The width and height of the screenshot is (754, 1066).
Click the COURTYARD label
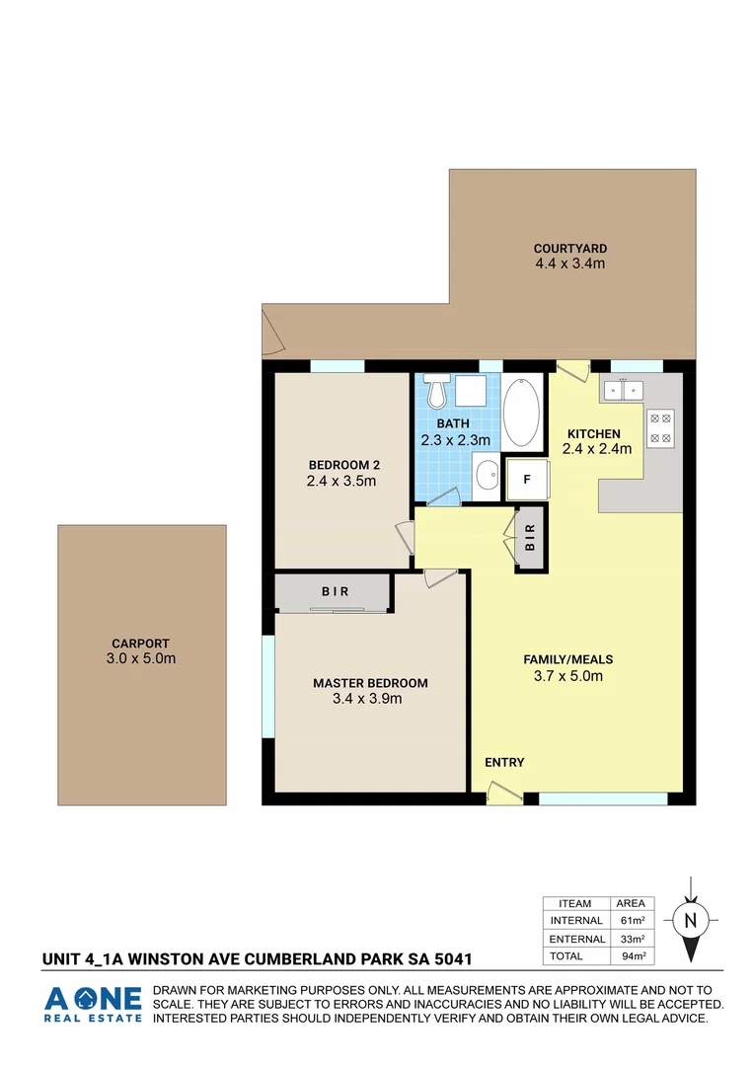(569, 249)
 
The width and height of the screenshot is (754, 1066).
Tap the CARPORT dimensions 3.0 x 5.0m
(141, 658)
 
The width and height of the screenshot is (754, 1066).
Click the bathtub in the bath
(522, 413)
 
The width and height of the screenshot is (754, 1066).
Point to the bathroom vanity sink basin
(487, 479)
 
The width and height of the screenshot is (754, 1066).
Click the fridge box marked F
(527, 480)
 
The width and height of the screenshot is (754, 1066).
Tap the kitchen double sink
(623, 391)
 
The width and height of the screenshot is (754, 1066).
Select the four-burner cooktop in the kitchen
(660, 426)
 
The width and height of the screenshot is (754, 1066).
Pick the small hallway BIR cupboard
(530, 538)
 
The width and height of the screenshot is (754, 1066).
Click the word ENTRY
(504, 762)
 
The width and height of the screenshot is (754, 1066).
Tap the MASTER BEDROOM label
(370, 683)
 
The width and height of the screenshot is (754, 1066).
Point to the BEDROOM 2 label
(343, 465)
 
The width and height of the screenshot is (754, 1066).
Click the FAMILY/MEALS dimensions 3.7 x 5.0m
(563, 676)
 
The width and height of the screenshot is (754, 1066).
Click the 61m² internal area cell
(631, 921)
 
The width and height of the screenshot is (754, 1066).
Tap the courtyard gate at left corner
(273, 333)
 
